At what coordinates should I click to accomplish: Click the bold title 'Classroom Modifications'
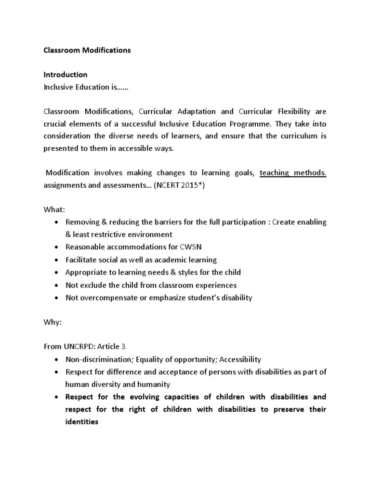[x=87, y=50]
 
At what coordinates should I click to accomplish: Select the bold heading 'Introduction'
[x=66, y=75]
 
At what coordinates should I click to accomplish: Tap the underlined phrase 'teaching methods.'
[x=293, y=173]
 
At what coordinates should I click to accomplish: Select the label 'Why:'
[x=53, y=322]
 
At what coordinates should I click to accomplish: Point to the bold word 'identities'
[x=82, y=422]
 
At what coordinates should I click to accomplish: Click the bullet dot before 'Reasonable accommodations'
[x=57, y=247]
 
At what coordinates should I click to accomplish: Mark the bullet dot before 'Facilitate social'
[x=57, y=259]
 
